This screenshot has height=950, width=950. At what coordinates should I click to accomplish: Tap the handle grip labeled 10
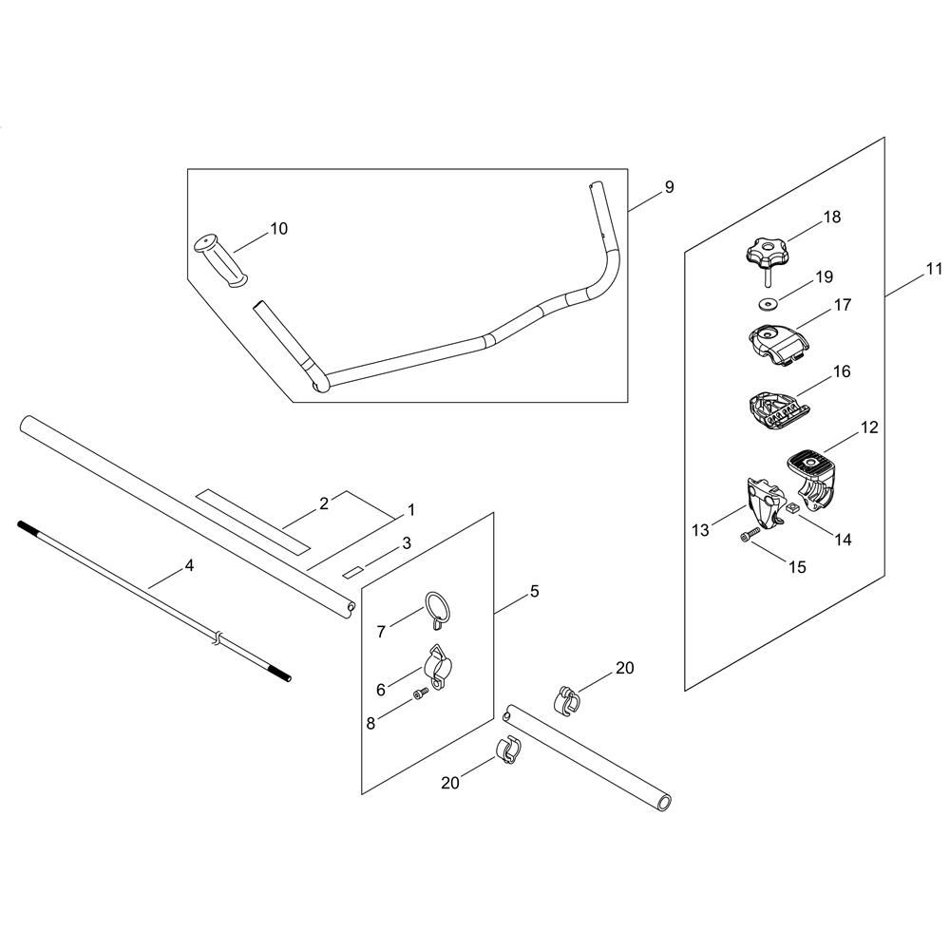tap(219, 257)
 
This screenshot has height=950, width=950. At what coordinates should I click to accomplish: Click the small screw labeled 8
tap(421, 698)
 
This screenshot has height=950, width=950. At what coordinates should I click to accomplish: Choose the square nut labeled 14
tap(787, 509)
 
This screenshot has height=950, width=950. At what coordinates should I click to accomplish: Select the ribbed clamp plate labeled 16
tap(773, 406)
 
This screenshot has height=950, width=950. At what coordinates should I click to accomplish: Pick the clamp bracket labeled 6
tap(434, 664)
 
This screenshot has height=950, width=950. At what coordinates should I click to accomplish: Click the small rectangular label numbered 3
tap(353, 570)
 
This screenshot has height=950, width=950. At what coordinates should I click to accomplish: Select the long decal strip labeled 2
tap(253, 522)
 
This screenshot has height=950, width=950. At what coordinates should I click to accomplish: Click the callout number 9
tap(669, 187)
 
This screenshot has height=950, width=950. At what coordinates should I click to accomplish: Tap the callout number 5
tap(534, 592)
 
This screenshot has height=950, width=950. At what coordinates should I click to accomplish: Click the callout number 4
tap(189, 565)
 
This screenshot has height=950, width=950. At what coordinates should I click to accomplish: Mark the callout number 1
tap(410, 510)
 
